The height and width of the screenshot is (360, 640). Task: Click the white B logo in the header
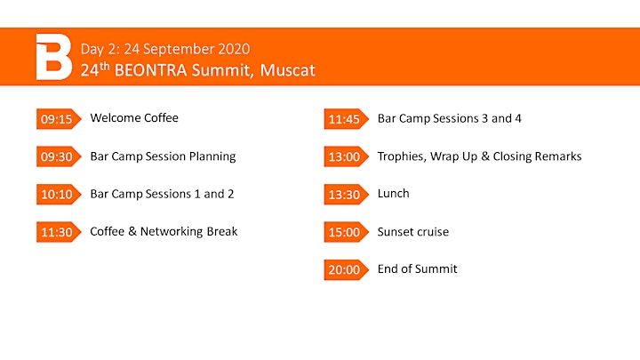click(54, 57)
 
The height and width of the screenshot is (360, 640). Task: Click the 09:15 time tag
click(59, 119)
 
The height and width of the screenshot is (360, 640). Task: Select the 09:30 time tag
click(59, 156)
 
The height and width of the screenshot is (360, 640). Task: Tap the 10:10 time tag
click(59, 195)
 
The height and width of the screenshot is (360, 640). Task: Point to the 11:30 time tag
click(59, 232)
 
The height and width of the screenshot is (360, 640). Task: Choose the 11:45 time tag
click(346, 119)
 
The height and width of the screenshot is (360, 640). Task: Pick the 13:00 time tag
click(346, 156)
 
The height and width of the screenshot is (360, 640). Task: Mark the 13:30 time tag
click(346, 195)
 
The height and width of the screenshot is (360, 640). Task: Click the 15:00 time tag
click(346, 232)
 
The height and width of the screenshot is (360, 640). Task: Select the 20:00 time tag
click(346, 270)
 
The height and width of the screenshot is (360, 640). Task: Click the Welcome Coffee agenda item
click(134, 118)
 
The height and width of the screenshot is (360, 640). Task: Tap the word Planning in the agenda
click(212, 156)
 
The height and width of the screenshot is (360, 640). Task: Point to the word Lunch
click(393, 194)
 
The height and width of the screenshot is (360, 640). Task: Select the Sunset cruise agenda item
click(413, 231)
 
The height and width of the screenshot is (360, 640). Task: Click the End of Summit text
click(417, 269)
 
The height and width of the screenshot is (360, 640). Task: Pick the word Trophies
click(402, 156)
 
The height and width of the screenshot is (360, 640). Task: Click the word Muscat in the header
click(287, 70)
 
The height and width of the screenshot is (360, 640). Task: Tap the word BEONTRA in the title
click(150, 70)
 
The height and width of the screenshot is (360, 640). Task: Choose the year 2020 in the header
click(234, 49)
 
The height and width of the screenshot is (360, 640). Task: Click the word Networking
click(172, 232)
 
